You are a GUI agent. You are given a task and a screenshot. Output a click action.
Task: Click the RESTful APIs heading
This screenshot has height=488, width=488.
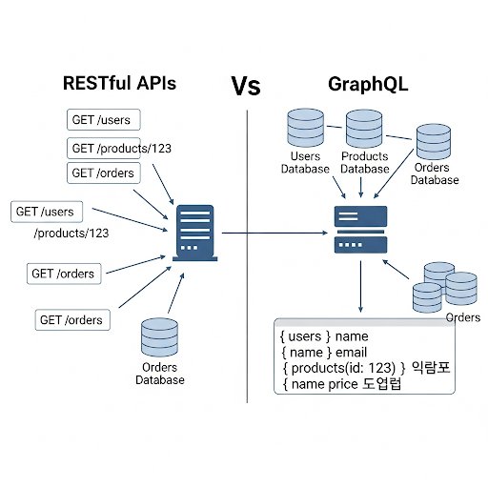tap(119, 83)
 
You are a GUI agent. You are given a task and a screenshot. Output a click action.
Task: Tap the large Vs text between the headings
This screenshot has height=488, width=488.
tap(246, 86)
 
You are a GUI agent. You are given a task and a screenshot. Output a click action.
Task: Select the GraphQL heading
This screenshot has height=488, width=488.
tap(368, 85)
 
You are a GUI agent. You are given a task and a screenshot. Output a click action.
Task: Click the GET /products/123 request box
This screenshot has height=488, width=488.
tap(104, 148)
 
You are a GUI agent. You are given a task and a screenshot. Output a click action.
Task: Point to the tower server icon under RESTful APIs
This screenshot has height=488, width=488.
tap(195, 233)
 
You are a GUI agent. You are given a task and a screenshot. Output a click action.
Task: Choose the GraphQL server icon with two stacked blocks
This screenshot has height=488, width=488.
tap(360, 230)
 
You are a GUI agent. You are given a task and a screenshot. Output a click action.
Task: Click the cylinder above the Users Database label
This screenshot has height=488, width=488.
tap(306, 128)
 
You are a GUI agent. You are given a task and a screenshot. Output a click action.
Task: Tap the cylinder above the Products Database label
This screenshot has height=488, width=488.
tap(364, 129)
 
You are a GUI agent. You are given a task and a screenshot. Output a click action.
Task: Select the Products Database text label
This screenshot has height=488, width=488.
tap(365, 162)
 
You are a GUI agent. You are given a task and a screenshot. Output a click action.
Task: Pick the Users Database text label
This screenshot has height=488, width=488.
tap(305, 162)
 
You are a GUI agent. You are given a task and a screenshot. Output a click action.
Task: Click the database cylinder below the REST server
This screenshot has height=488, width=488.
tap(159, 337)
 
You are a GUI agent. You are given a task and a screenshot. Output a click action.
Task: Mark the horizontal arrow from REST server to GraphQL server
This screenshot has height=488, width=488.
tap(274, 233)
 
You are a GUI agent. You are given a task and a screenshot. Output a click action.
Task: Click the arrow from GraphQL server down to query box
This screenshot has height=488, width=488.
tap(360, 287)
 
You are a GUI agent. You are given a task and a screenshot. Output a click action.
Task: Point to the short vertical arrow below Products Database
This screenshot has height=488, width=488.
tap(360, 188)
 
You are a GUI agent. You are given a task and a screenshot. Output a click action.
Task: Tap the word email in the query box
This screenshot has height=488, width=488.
tap(351, 352)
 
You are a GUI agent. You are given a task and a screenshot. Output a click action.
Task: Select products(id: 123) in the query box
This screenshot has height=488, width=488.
tap(343, 368)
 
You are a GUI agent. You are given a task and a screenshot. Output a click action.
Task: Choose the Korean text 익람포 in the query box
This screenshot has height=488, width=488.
tap(431, 367)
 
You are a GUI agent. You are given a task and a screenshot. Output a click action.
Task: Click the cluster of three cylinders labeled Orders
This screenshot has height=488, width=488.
tap(445, 287)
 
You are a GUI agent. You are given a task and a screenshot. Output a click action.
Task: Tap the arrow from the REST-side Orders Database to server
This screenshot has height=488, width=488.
tap(176, 294)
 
